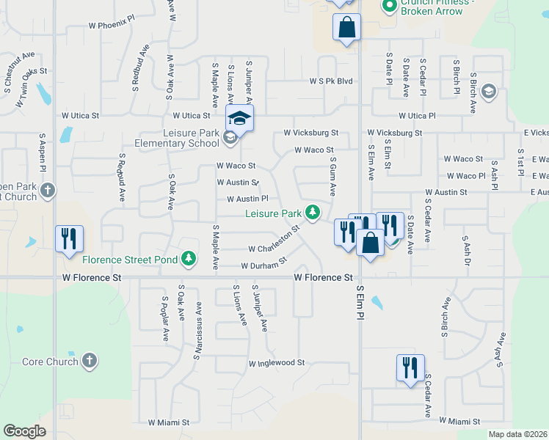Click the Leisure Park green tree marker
[x=313, y=213]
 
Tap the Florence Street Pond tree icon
[x=189, y=259]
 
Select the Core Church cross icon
[x=89, y=361]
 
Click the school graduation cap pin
[x=239, y=117]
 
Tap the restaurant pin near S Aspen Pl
[x=69, y=238]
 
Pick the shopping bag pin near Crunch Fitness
[x=346, y=29]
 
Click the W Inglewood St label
[x=276, y=363]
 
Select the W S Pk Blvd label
[x=331, y=81]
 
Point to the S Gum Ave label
[x=332, y=176]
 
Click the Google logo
[x=24, y=431]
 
